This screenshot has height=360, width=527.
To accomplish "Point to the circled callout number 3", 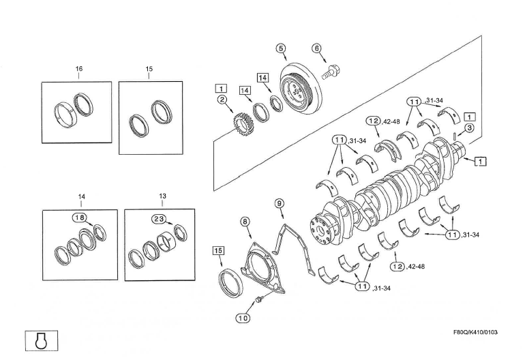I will pos(470,128).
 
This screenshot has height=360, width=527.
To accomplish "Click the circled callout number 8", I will pos(245,221).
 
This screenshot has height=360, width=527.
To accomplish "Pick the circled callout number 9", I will pos(279,203).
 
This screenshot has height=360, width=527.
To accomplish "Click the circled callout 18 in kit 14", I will pos(79,217).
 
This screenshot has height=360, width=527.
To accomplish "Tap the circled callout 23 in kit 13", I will pos(159,218).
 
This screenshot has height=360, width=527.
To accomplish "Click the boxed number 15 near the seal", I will pos(217,250).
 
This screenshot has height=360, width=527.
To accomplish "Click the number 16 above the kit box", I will pos(79,69).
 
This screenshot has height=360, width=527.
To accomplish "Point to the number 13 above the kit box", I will pos(162,196).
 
